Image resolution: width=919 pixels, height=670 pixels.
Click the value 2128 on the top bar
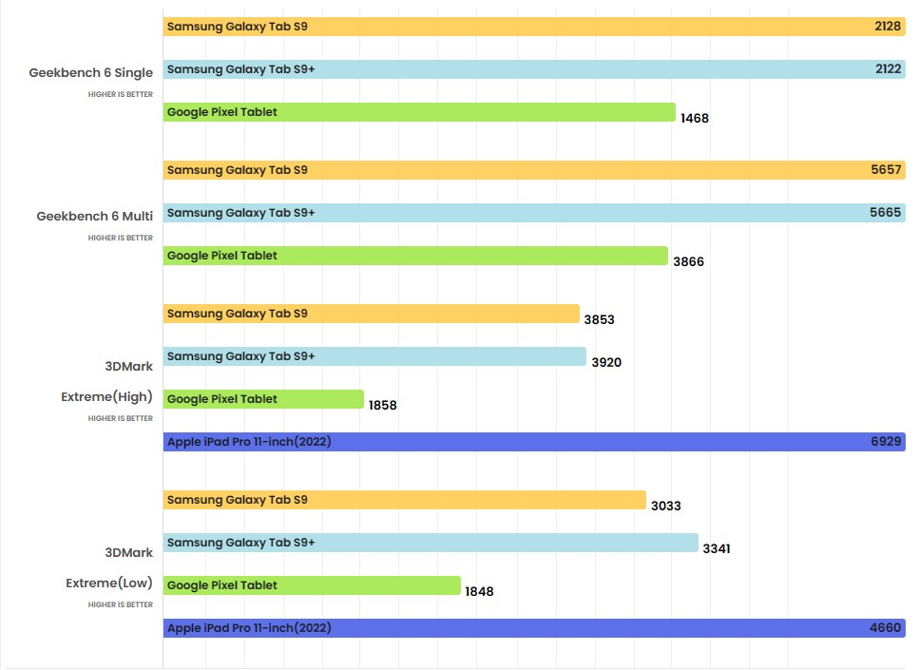tap(887, 27)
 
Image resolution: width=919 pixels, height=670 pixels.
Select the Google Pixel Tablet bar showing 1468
tap(418, 112)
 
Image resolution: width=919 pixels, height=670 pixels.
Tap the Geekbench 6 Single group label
tap(91, 73)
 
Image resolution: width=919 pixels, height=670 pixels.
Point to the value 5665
tap(885, 213)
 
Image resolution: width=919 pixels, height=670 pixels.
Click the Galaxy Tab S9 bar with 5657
tap(532, 170)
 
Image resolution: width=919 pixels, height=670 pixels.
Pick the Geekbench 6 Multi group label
tap(95, 217)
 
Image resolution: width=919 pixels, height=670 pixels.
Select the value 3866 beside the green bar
tap(688, 261)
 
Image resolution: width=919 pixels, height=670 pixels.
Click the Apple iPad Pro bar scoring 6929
tap(532, 442)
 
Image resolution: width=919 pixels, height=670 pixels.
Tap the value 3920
tap(606, 362)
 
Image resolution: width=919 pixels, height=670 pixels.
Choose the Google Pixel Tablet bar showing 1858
tap(263, 399)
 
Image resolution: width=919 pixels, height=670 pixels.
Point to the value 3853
tap(599, 319)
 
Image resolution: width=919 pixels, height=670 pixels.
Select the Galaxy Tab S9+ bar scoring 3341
tap(430, 543)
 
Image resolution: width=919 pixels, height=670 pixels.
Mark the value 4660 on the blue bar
tap(885, 628)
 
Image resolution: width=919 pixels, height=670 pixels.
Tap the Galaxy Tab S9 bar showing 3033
tap(404, 500)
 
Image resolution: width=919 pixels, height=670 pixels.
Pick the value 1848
tap(479, 591)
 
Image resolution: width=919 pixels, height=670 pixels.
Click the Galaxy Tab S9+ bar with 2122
tap(532, 69)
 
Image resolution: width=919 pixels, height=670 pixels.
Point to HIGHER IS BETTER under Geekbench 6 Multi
tap(121, 238)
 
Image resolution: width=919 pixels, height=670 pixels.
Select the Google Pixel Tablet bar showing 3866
tap(415, 256)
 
